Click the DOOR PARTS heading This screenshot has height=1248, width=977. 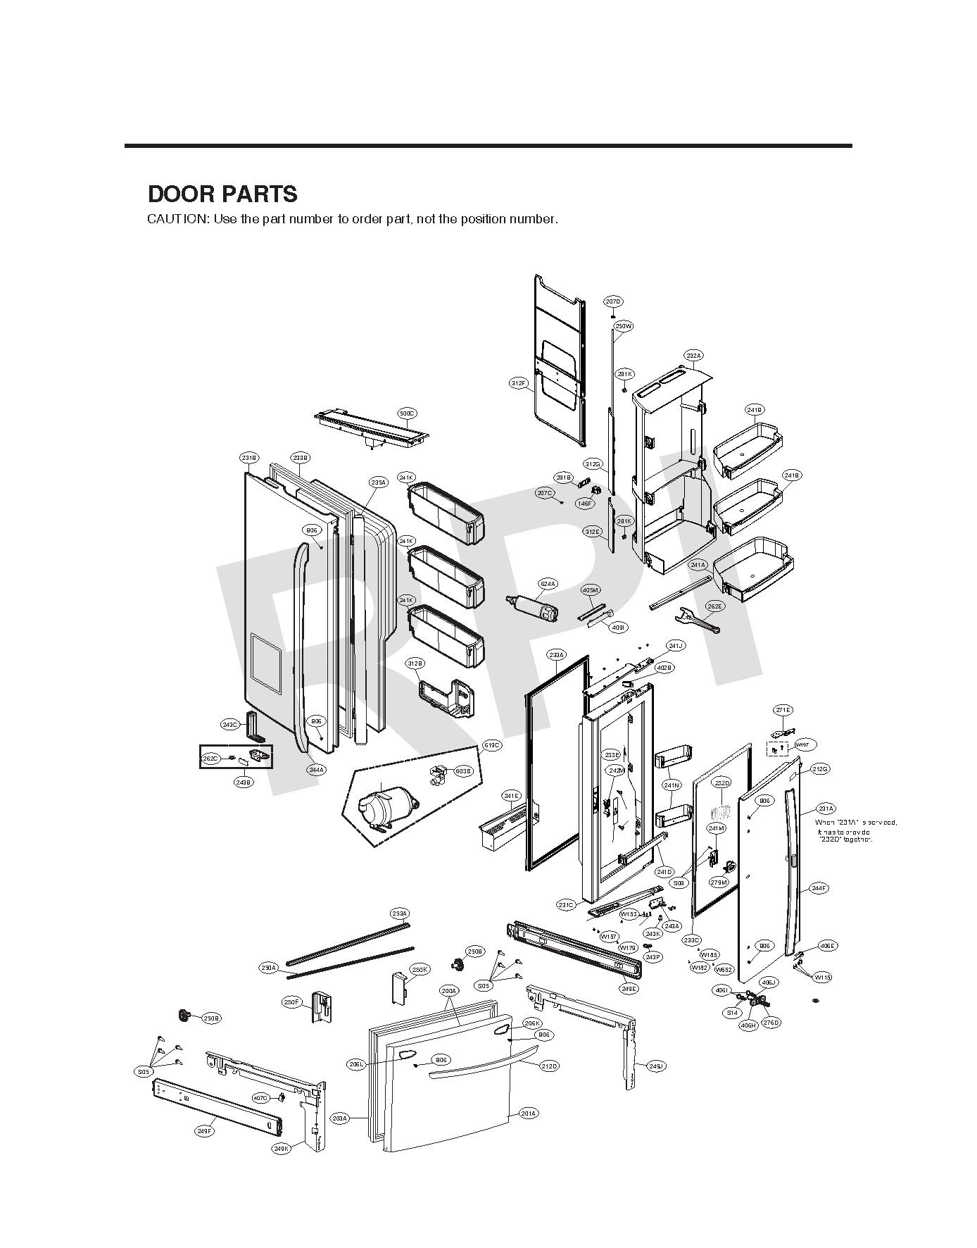222,194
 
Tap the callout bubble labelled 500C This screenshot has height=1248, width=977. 407,413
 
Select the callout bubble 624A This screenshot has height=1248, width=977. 548,584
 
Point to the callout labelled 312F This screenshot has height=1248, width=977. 518,383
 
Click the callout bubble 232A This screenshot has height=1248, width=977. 693,356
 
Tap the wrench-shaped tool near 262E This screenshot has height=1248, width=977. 695,618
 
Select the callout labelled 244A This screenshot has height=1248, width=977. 316,770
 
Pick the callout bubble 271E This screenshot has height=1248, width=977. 783,710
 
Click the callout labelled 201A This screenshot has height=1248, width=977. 529,1113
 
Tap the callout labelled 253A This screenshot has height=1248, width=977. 399,914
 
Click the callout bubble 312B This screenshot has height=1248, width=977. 415,663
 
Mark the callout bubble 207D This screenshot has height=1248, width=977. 613,301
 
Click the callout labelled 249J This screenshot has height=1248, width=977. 655,1066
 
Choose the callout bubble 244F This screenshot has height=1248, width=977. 819,888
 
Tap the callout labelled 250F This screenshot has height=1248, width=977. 291,1001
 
